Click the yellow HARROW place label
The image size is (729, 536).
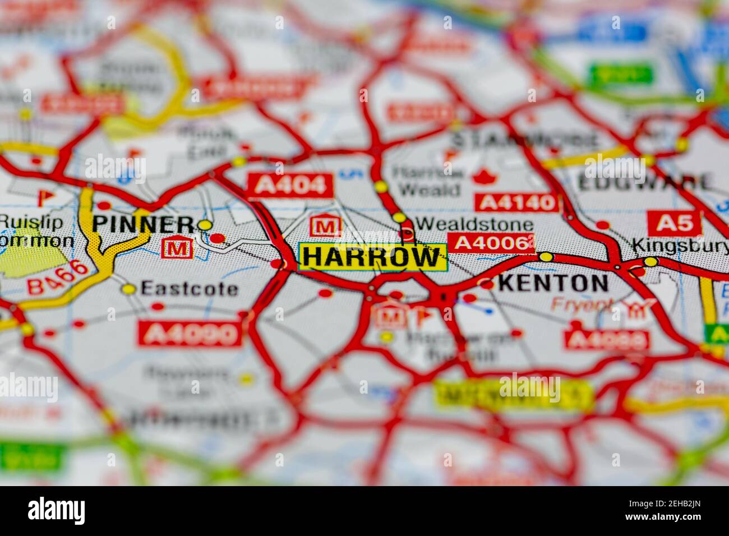click(x=372, y=257)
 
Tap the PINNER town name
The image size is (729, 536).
click(x=144, y=224)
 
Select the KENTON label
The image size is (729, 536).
click(x=552, y=283)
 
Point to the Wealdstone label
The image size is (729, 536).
click(x=474, y=225)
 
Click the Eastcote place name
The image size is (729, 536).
click(x=189, y=289)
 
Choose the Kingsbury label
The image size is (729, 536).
click(x=680, y=245)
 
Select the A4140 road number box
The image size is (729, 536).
click(x=516, y=202)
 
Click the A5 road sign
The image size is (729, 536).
click(x=674, y=223)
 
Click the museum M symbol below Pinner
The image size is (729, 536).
click(x=177, y=247)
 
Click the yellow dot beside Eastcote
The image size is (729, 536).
click(x=129, y=289)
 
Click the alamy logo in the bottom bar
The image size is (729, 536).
click(x=56, y=511)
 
